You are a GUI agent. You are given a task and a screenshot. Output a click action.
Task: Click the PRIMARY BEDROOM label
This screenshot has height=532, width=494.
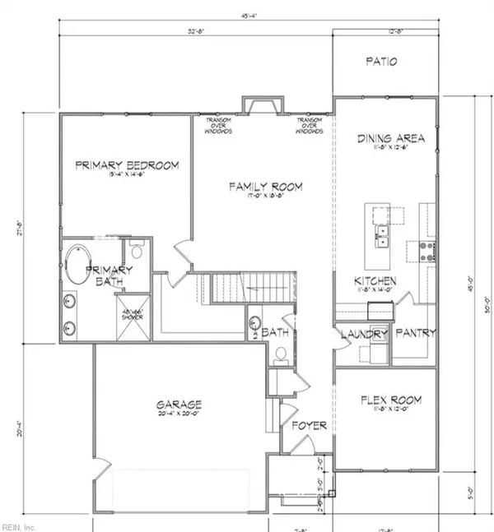click(126, 165)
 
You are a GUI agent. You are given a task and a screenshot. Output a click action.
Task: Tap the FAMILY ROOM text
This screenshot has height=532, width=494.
click(265, 187)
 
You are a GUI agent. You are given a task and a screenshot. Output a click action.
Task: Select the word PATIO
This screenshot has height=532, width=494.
click(383, 62)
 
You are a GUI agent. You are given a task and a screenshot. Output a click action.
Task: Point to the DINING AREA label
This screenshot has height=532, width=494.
click(385, 139)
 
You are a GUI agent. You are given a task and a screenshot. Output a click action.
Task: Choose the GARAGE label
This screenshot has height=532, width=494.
click(179, 405)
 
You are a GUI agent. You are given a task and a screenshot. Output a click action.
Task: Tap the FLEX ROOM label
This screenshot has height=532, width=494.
click(392, 400)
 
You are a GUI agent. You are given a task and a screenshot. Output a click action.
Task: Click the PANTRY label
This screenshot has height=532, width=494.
click(415, 334)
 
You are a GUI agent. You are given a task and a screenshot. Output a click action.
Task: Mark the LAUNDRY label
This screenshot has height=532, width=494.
click(364, 334)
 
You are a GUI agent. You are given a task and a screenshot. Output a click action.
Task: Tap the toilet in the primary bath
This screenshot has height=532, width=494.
click(137, 249)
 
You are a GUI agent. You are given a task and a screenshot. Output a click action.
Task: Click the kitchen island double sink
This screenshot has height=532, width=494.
click(383, 239)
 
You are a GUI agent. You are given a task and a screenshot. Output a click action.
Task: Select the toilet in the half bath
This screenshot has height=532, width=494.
click(280, 354)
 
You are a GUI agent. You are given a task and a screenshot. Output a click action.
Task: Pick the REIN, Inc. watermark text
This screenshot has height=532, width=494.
click(19, 525)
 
